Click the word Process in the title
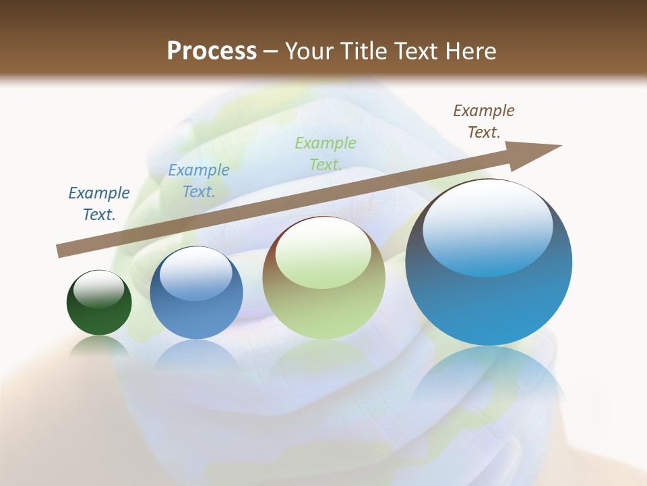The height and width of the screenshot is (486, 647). coord(212,51)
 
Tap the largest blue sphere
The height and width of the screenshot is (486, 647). coord(489,297)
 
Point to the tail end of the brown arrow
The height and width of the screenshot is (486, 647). coord(59,251)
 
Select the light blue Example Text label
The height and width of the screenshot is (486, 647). coord(199,181)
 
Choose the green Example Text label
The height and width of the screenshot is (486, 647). coord(326,154)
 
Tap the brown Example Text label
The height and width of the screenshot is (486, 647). coord(484,122)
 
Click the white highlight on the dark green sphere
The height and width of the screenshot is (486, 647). coord(99,290)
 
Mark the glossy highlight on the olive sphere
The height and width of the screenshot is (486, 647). coord(323,253)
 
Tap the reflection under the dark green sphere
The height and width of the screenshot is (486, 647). coord(99,346)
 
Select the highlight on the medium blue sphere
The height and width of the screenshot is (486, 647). coord(196,273)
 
